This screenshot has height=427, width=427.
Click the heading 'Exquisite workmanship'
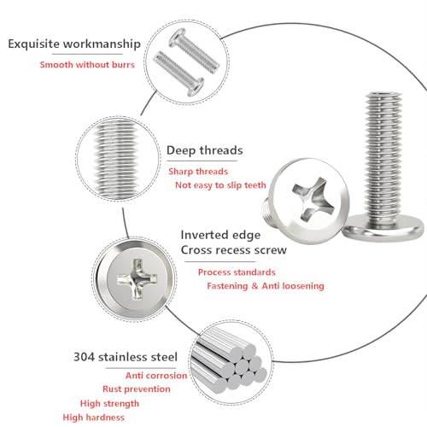pos(74,44)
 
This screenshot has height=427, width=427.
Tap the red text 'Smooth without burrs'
pos(87,65)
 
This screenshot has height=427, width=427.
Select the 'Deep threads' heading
pos(205,150)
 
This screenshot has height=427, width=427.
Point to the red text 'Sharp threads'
pos(198,172)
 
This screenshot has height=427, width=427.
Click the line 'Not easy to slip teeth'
pos(220,185)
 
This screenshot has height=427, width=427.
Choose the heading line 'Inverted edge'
pos(220,235)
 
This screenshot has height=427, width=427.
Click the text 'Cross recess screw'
pos(234,250)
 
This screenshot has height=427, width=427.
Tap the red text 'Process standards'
pos(237,272)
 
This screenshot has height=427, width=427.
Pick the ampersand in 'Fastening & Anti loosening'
pos(254,286)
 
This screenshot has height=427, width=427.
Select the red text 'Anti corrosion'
pos(156,376)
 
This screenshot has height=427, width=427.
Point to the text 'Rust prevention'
pos(137,389)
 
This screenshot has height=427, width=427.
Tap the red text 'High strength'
pos(109,403)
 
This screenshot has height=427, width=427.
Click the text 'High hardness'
pos(94,418)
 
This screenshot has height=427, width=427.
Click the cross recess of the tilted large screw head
pos(313,198)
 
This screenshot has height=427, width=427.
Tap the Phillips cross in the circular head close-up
pos(137,279)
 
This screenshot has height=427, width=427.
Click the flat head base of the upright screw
pos(383,228)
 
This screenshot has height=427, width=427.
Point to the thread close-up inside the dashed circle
pos(116,159)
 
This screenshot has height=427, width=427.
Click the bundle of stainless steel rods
pos(230,361)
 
